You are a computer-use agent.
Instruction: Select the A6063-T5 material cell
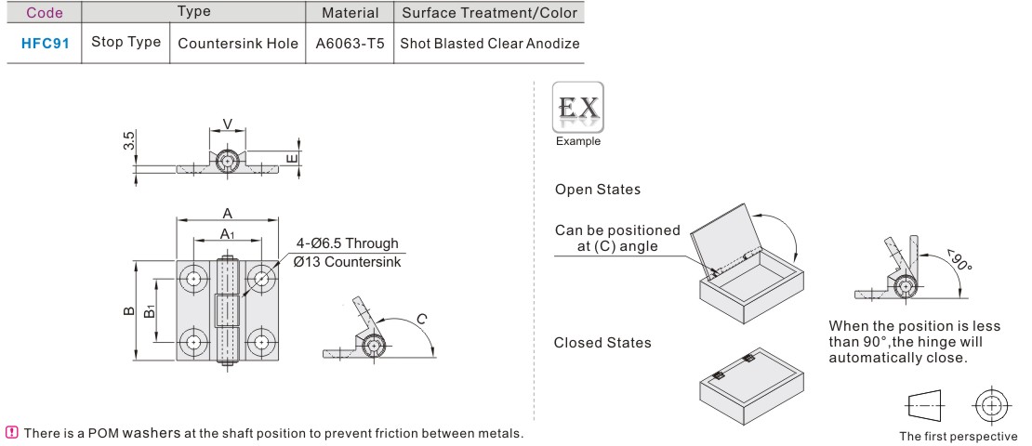coord(350,44)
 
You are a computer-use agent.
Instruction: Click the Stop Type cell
coord(125,44)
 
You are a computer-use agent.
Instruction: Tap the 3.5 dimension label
coord(130,140)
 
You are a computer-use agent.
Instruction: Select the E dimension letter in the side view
coord(294,160)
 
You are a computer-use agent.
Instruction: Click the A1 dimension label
coord(227,234)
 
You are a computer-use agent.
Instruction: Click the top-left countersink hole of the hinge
coord(193,279)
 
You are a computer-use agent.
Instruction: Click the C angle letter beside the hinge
coord(421,319)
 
